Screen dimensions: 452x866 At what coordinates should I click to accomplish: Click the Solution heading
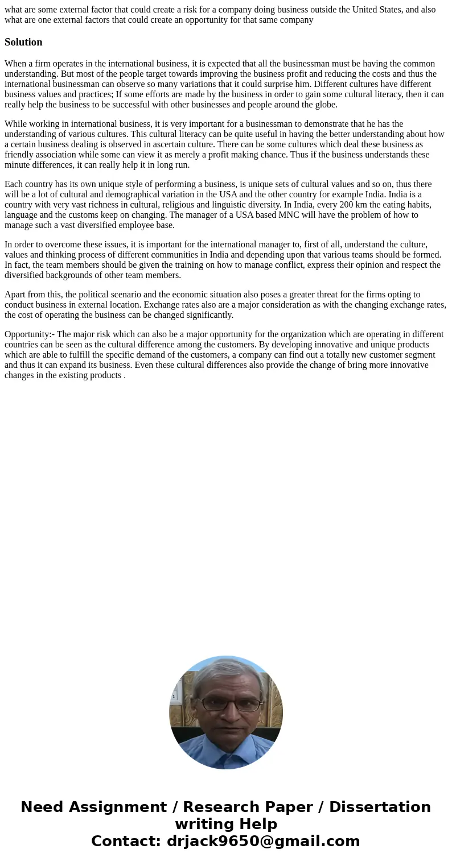pyautogui.click(x=23, y=42)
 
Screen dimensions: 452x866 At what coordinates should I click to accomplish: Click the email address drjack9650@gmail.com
pyautogui.click(x=263, y=842)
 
